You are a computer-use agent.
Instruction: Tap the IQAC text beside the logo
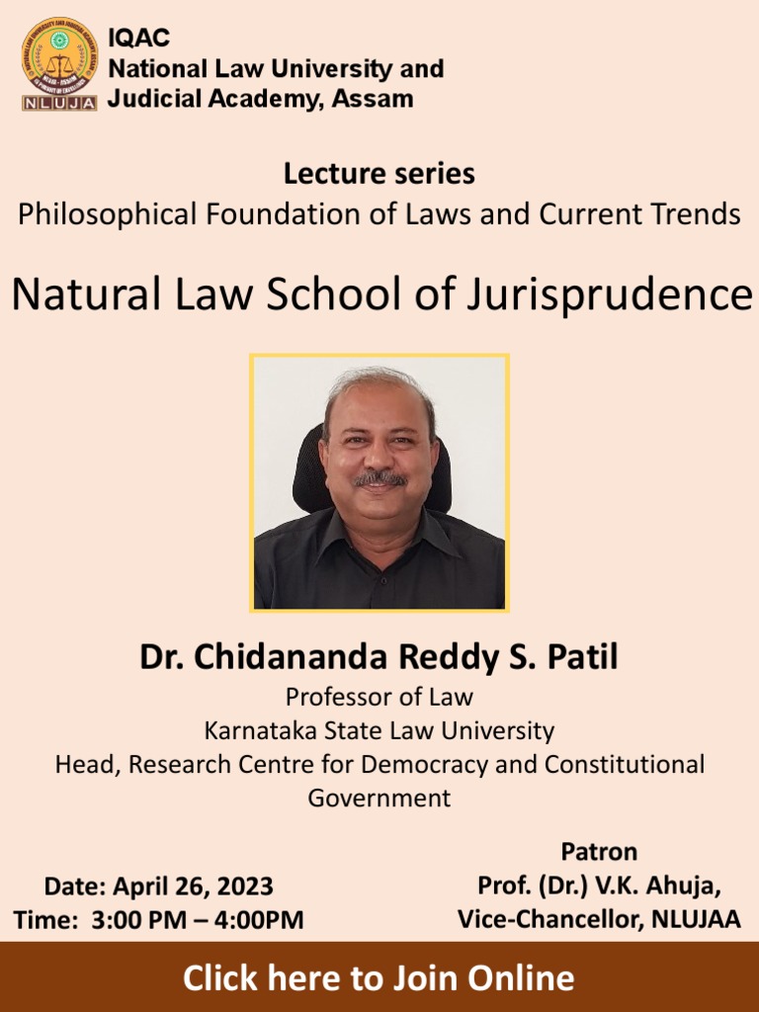pyautogui.click(x=138, y=38)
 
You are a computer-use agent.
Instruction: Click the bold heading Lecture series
pyautogui.click(x=379, y=174)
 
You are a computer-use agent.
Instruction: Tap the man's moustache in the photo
pyautogui.click(x=380, y=478)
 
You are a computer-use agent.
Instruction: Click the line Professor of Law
pyautogui.click(x=379, y=697)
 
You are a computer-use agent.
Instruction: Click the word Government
pyautogui.click(x=379, y=798)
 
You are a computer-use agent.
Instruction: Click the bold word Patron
pyautogui.click(x=599, y=852)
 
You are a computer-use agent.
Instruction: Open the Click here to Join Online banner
pyautogui.click(x=379, y=977)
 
